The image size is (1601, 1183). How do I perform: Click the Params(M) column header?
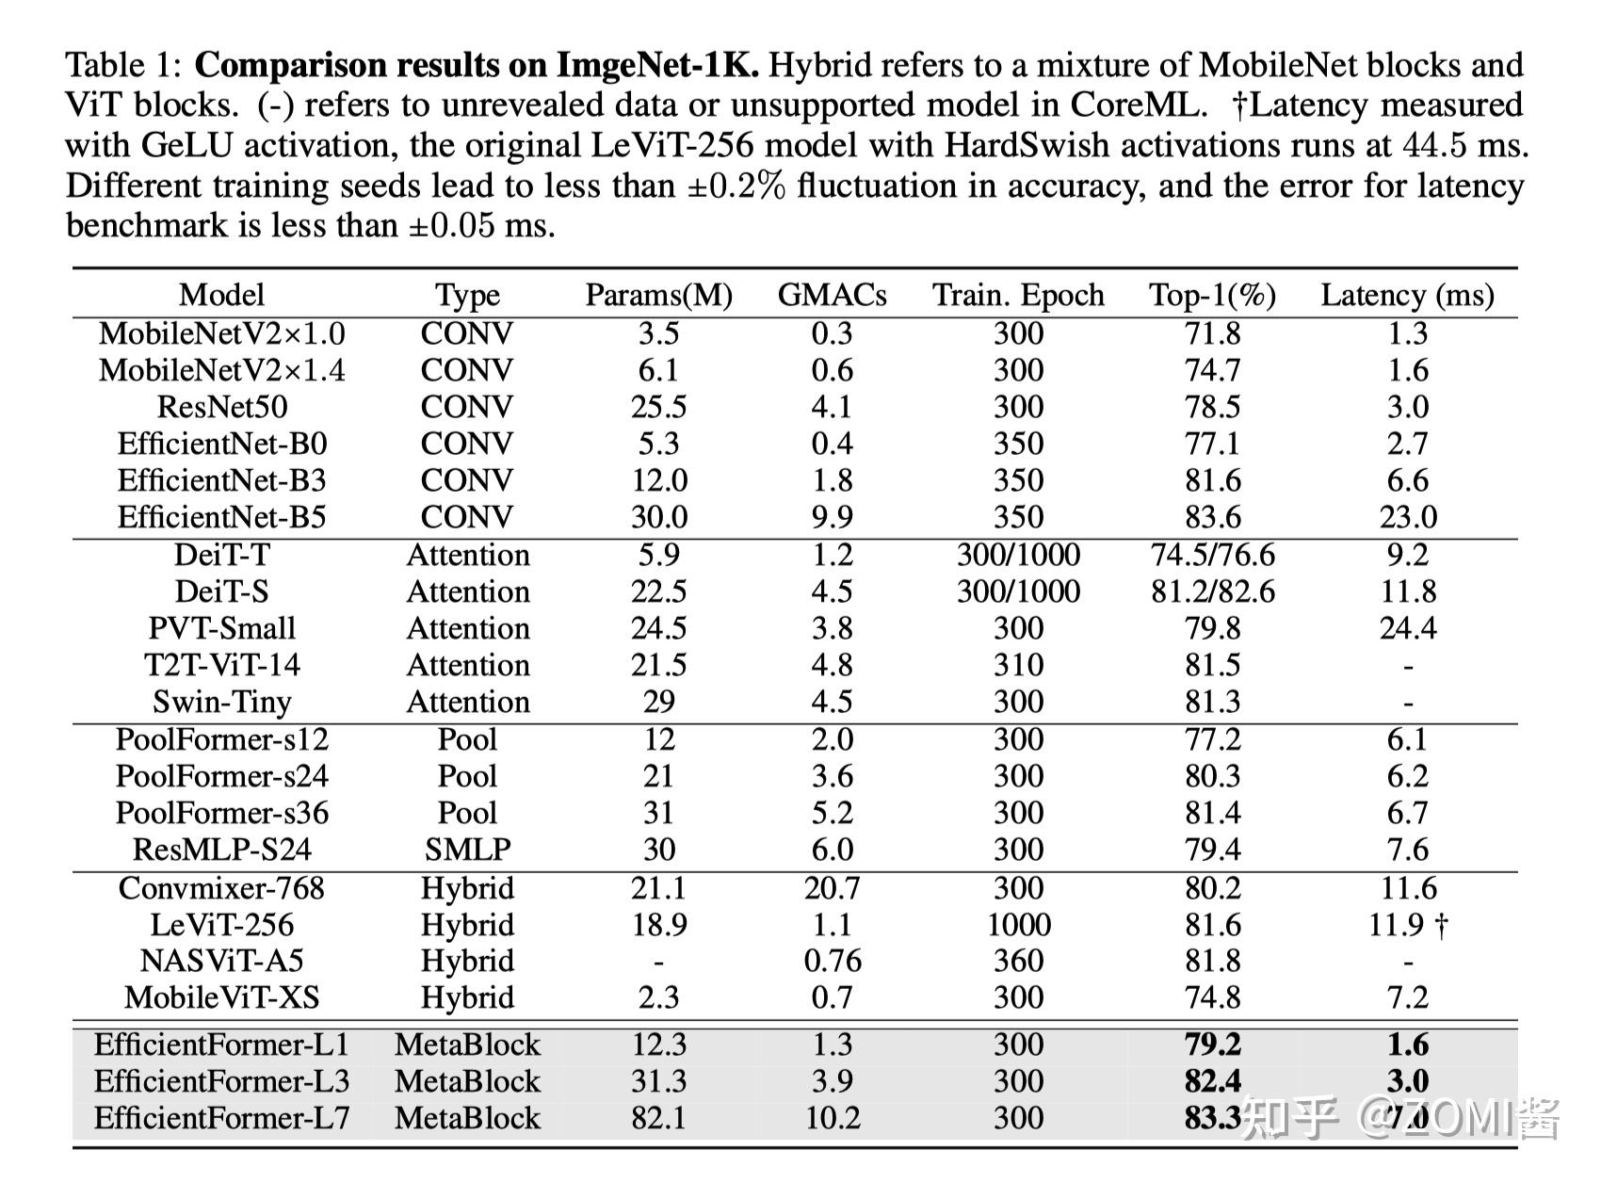pos(658,296)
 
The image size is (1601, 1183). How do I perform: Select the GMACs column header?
pos(832,296)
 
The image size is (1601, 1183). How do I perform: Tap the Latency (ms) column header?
pos(1407,296)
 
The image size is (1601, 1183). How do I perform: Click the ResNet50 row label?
pos(221,407)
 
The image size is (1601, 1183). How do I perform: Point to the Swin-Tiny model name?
pos(221,702)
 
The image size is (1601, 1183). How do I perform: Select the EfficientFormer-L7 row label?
pos(221,1118)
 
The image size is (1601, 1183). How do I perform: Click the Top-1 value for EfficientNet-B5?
pos(1212,517)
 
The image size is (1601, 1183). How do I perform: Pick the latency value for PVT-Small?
pos(1407,628)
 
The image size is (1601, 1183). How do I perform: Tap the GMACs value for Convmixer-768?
pos(832,888)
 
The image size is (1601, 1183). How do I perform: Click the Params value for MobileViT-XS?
pos(658,997)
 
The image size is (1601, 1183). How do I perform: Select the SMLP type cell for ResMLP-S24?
pos(467,850)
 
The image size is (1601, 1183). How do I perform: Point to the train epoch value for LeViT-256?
pos(1018,925)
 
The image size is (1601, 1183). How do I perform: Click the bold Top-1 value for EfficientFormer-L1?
pos(1212,1045)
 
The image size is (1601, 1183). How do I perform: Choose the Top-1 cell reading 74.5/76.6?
pos(1212,555)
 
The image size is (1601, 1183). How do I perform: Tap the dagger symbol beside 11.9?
pos(1441,925)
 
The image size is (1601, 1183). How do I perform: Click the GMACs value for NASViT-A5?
pos(832,961)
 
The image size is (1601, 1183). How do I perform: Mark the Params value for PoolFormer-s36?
pos(658,813)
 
